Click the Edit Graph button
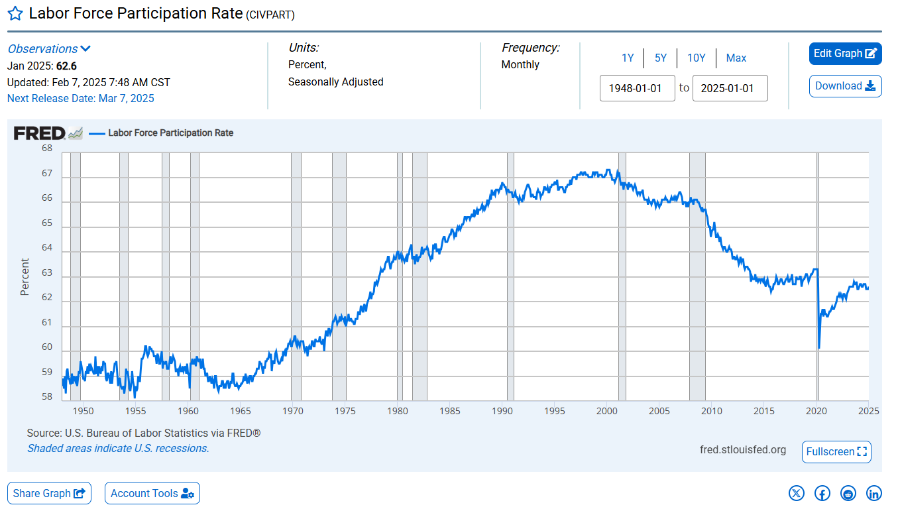[x=845, y=54]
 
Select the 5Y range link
[x=661, y=58]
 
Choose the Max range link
[x=736, y=58]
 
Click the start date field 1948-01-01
[x=637, y=88]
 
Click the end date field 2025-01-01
[x=730, y=88]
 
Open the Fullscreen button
[x=836, y=451]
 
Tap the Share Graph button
[x=49, y=493]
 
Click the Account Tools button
[x=152, y=493]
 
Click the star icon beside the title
[x=15, y=14]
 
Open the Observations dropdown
[x=49, y=49]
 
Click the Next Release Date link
[x=80, y=98]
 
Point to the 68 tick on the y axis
[x=47, y=148]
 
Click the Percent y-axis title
[x=25, y=277]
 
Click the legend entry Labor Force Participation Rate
[x=170, y=133]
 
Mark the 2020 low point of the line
[x=819, y=348]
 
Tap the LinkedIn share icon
[x=874, y=493]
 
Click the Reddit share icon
[x=848, y=493]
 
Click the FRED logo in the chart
[x=40, y=133]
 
